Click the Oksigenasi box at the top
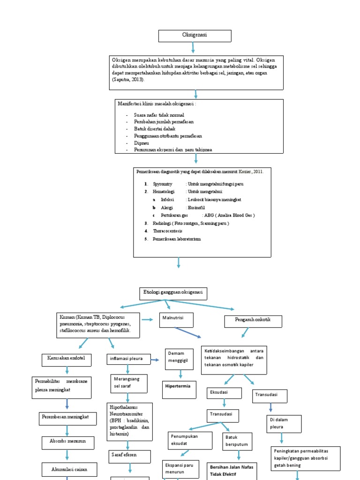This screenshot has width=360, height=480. tap(195, 36)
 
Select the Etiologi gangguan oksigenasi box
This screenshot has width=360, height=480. tap(173, 293)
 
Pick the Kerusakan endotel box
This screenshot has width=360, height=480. tap(66, 359)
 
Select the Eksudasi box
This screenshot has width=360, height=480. tap(224, 392)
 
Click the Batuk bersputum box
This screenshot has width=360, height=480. tap(238, 440)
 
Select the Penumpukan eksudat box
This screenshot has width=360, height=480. tap(187, 439)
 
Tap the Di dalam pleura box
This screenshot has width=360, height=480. tap(283, 423)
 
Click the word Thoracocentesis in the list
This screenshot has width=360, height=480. tap(167, 231)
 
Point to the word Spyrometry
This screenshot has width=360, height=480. tap(162, 184)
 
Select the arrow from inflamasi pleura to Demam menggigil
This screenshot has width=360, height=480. tap(155, 360)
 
